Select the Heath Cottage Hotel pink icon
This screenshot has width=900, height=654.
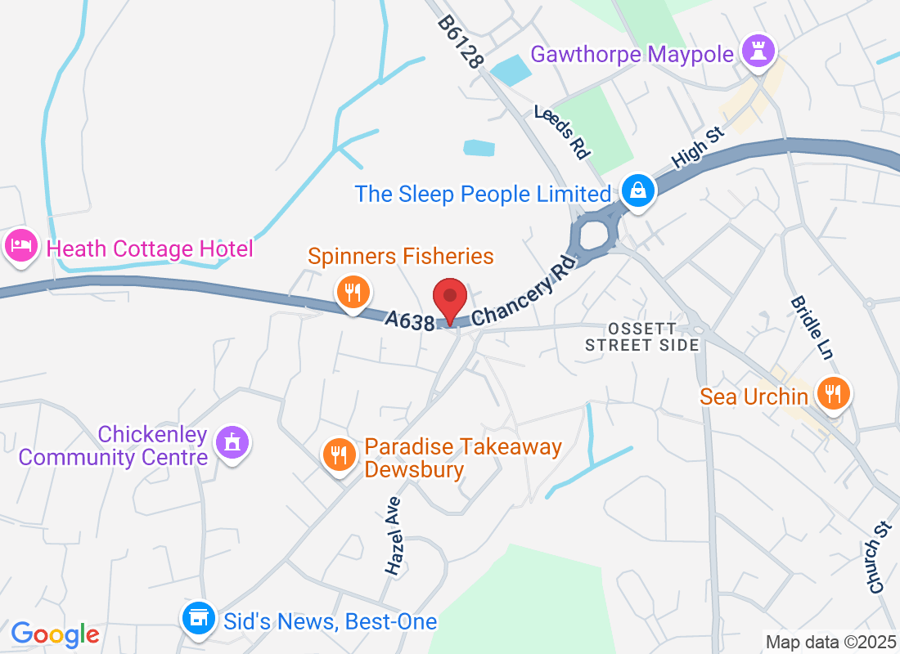tap(20, 245)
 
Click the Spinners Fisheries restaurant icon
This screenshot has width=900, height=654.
tap(353, 292)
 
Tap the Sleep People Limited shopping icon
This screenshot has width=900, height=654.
tap(636, 192)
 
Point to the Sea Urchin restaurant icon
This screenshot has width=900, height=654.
tap(833, 395)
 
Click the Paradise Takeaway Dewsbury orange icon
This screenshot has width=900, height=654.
tap(338, 454)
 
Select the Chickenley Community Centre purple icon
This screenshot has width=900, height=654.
tap(232, 442)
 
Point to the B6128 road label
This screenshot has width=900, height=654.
tap(461, 42)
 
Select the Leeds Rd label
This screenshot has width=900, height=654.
tap(562, 131)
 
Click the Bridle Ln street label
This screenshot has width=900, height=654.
tap(811, 328)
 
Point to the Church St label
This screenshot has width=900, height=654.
tap(876, 564)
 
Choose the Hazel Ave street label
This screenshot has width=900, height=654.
tap(394, 536)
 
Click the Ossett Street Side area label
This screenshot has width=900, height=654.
tap(642, 336)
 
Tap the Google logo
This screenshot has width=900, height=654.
tap(55, 634)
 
